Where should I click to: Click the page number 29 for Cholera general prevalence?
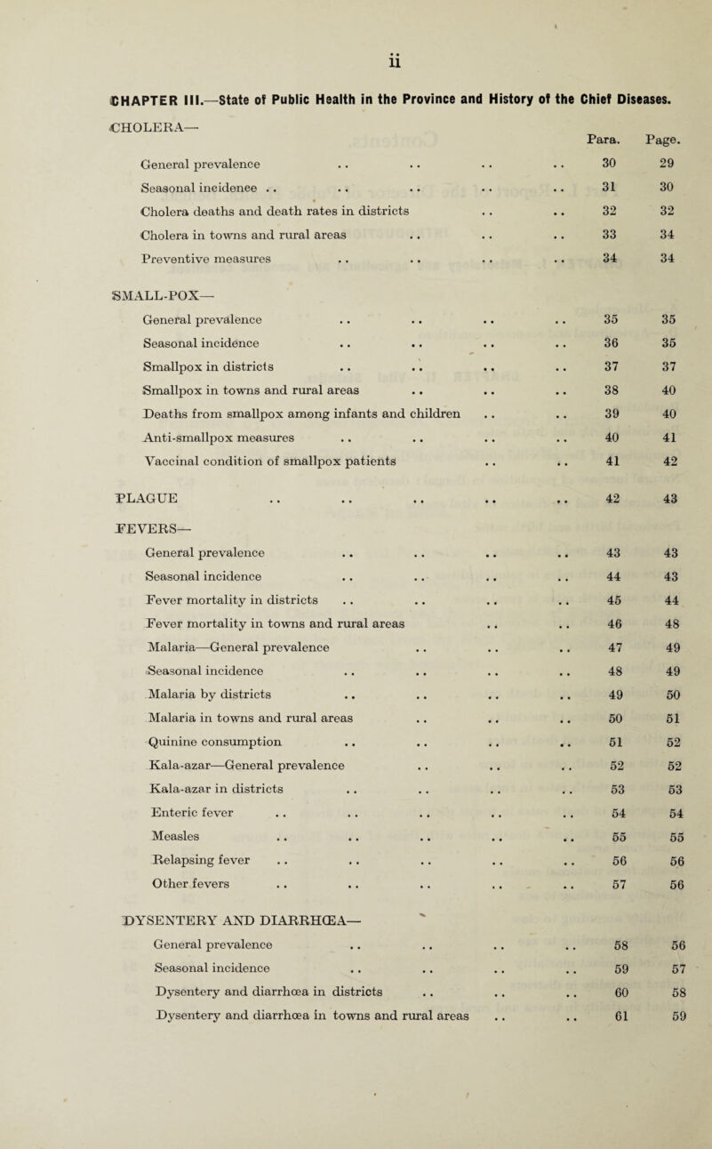pyautogui.click(x=672, y=168)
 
